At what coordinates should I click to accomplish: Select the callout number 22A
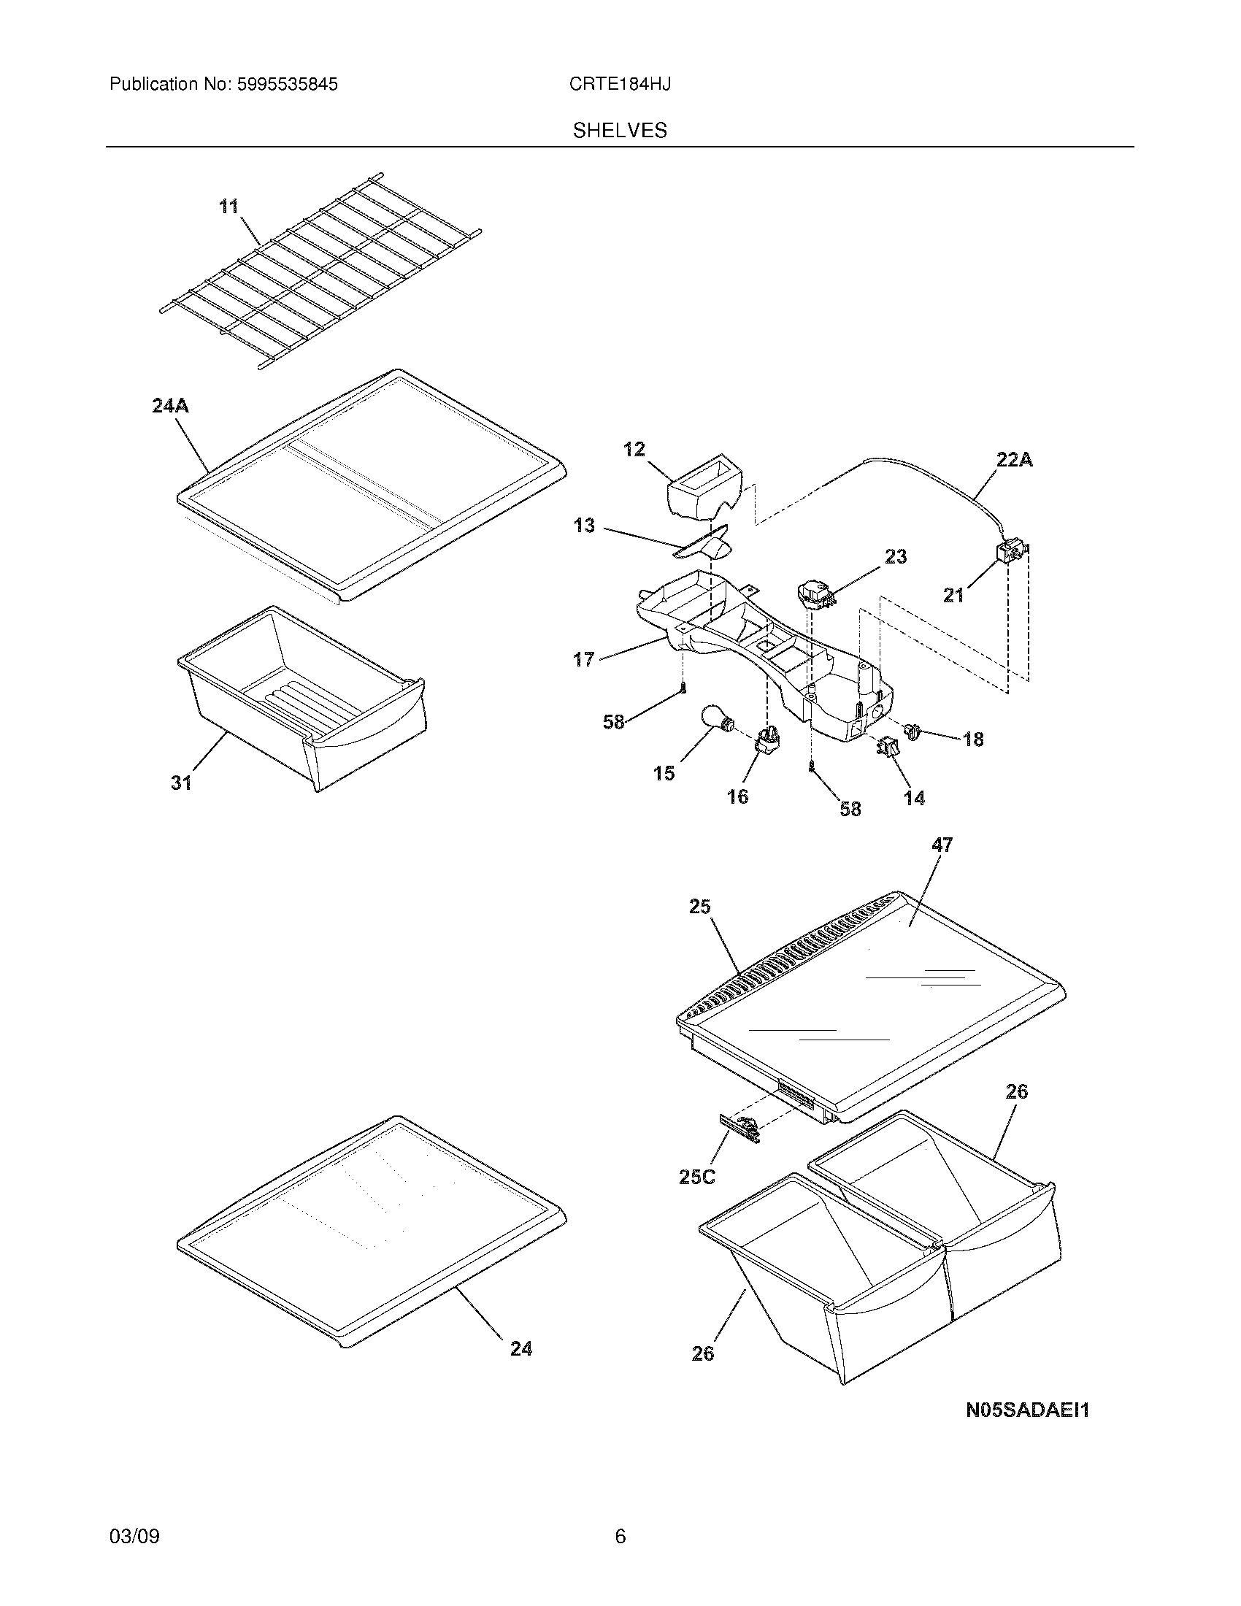pos(1015,460)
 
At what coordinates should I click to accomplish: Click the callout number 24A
pos(171,405)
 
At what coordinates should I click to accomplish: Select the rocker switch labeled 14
pos(888,748)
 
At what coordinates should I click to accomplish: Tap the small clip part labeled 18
pos(914,731)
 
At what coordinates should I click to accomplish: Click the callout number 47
pos(942,845)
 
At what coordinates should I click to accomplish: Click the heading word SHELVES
pos(620,131)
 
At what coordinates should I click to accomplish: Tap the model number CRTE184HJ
pos(619,85)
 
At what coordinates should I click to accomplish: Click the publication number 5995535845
pos(288,85)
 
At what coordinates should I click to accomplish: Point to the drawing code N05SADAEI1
pos(1027,1410)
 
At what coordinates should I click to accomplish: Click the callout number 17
pos(584,660)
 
